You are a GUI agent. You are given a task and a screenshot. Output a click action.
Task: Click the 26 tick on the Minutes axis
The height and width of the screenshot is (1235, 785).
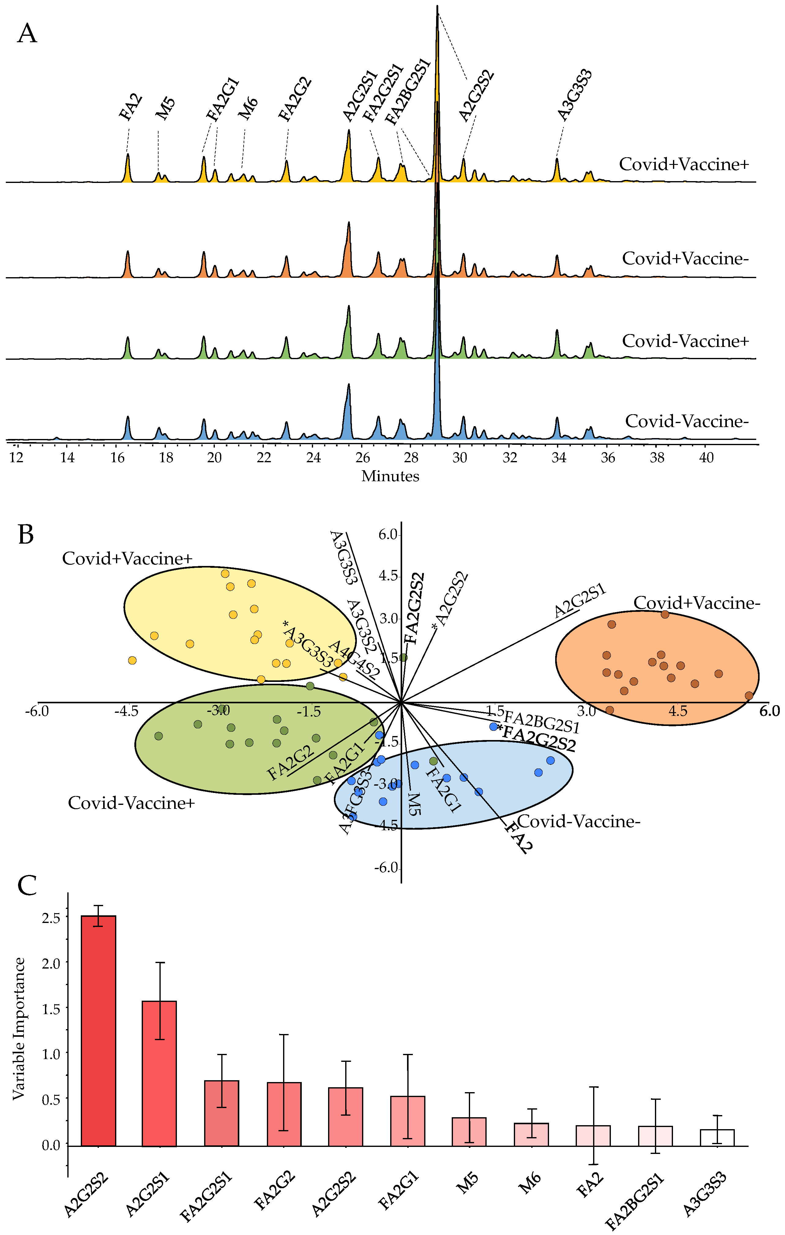pos(362,457)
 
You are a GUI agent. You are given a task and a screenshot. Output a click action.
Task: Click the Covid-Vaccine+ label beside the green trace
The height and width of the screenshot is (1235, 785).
pos(686,341)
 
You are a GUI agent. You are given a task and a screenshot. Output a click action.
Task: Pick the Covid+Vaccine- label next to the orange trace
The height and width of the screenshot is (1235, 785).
pos(686,259)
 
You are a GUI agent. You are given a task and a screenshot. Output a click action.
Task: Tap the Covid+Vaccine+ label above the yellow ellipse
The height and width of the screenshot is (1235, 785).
pos(127,559)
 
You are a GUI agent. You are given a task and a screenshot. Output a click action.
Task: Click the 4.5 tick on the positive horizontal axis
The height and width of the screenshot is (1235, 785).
pos(677,711)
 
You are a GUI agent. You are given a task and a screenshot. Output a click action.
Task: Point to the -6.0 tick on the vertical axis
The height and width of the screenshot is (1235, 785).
pos(386,868)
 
